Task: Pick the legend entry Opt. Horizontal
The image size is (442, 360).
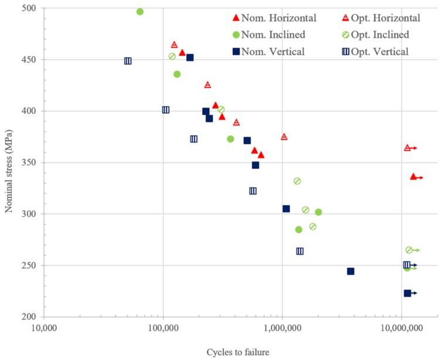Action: click(387, 18)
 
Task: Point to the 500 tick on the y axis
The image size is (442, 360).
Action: click(30, 9)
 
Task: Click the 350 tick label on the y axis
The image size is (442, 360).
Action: click(30, 162)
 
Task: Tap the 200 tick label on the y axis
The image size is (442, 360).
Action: click(30, 317)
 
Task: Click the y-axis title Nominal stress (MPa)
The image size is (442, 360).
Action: click(9, 162)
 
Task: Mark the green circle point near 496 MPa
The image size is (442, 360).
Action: click(140, 12)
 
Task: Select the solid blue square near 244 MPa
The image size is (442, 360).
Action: click(351, 271)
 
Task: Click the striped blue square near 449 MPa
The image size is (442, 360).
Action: click(128, 61)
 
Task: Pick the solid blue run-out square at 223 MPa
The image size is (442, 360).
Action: click(407, 293)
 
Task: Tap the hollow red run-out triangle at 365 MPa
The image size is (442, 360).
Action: click(407, 148)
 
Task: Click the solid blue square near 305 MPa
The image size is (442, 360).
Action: click(286, 209)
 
